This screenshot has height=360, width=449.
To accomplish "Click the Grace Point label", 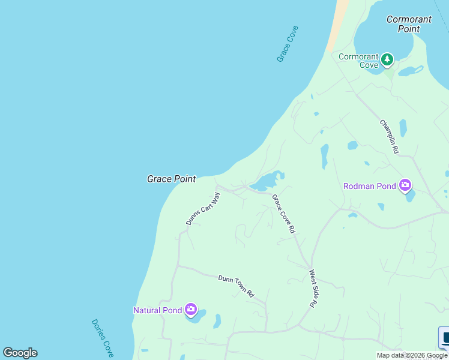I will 171,179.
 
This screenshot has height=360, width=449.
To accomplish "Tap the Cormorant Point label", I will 409,24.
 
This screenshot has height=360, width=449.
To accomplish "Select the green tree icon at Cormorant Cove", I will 388,59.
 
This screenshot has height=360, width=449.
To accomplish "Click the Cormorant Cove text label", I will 358,61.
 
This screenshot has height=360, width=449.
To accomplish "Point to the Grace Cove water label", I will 288,44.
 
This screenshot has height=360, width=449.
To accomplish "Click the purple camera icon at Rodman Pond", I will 405,185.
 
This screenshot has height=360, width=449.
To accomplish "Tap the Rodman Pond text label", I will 369,186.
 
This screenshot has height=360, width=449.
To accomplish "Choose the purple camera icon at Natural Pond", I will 191,310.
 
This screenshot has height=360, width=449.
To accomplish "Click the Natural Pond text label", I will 157,310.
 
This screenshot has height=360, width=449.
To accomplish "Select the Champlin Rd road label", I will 389,136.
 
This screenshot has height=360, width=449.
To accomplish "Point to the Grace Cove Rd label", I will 283,214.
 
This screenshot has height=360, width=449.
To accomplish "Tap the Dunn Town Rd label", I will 236,286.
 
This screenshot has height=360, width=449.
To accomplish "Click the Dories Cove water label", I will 103,338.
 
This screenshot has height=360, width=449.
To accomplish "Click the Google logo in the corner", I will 20,353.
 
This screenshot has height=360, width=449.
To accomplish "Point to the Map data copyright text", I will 412,355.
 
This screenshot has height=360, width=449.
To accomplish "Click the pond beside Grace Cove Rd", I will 266,181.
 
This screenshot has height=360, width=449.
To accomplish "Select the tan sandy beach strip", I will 338,24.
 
